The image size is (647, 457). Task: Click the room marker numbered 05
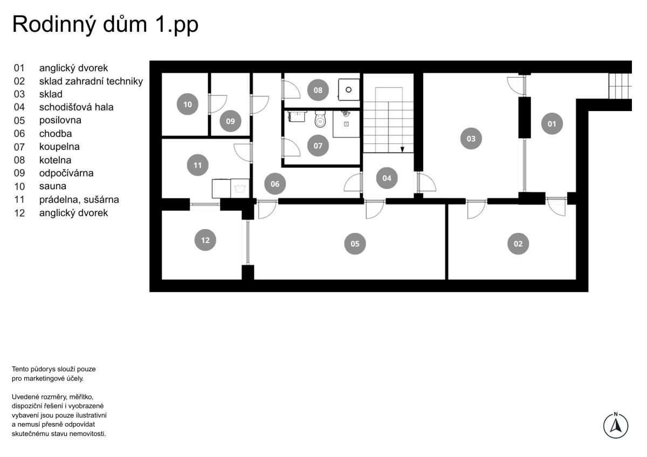[355, 244]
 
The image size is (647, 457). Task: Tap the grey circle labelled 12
[205, 240]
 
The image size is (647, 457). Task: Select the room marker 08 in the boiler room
[318, 90]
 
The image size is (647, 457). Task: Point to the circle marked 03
[471, 139]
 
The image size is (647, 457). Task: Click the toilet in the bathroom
[320, 119]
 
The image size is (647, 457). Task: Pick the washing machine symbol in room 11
[240, 189]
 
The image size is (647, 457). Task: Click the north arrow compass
[616, 425]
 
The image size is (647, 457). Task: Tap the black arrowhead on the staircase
[402, 149]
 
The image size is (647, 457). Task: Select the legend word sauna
[53, 186]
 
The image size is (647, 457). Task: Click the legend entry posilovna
[60, 120]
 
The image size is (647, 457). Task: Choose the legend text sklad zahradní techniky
[91, 81]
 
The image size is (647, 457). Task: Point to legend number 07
[19, 147]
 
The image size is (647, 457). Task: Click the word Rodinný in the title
[54, 25]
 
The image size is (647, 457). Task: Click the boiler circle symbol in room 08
[349, 90]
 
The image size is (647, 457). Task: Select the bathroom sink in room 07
[297, 116]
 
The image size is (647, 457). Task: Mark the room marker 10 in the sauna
[187, 104]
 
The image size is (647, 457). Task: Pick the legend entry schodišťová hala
[76, 107]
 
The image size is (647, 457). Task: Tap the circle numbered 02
[518, 244]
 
